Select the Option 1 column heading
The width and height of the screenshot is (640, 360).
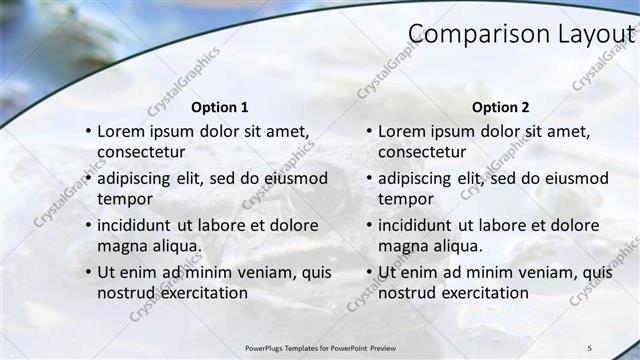pyautogui.click(x=220, y=107)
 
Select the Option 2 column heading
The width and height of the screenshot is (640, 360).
pyautogui.click(x=501, y=107)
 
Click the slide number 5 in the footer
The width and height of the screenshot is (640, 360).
pyautogui.click(x=589, y=348)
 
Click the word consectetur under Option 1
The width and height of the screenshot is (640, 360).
pyautogui.click(x=141, y=153)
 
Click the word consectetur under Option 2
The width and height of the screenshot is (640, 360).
pyautogui.click(x=422, y=153)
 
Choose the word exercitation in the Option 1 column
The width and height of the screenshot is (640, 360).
pyautogui.click(x=198, y=293)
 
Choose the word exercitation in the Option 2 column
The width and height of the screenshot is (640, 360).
pyautogui.click(x=479, y=293)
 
